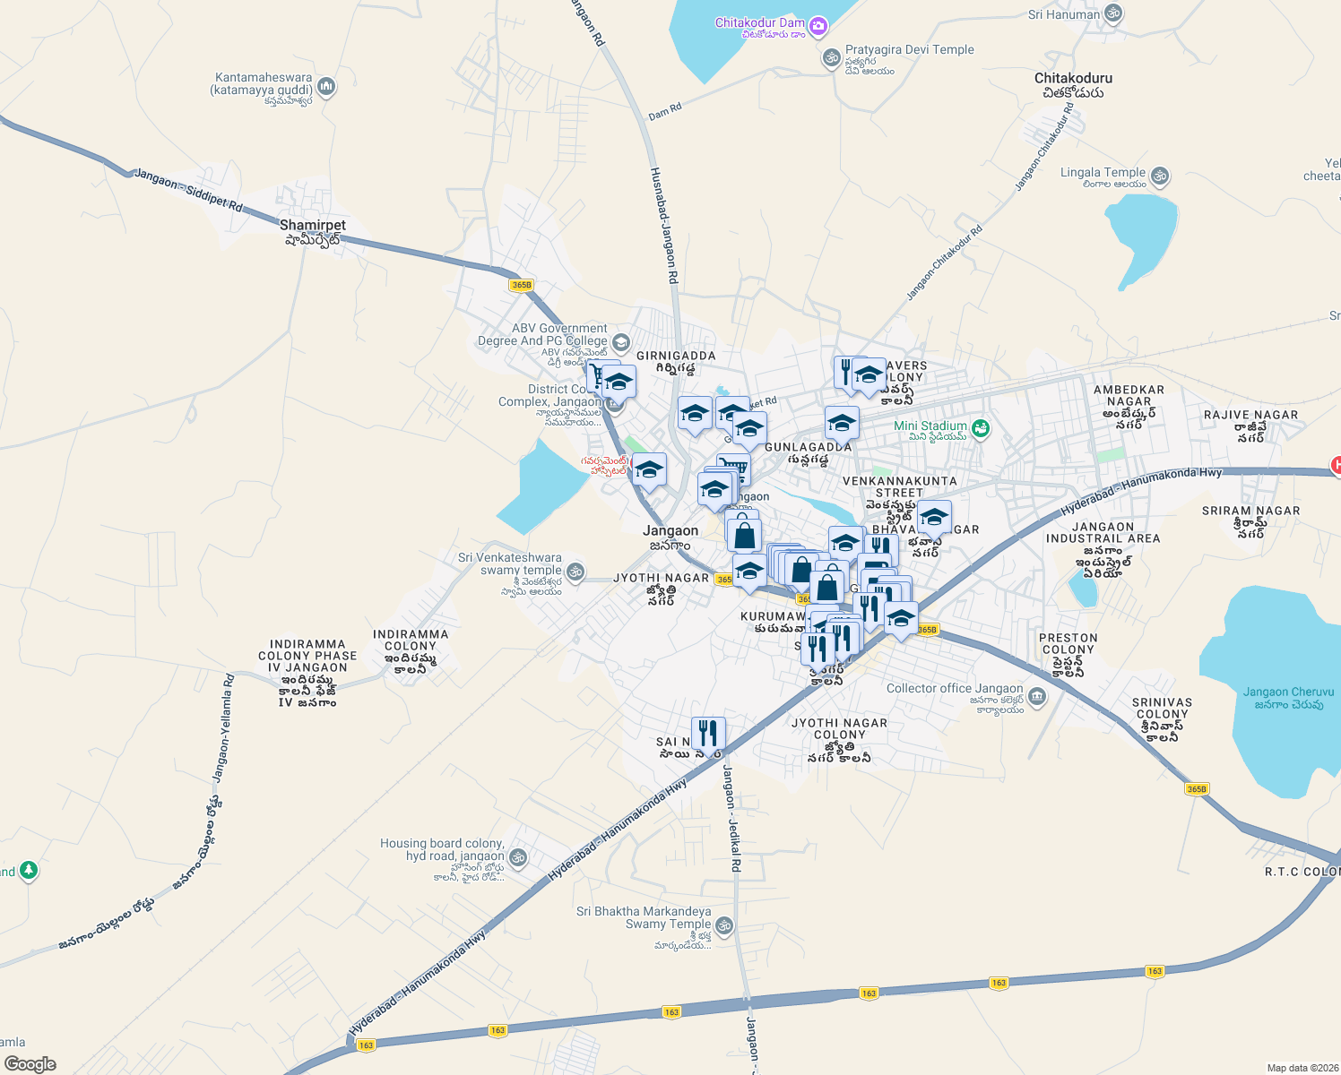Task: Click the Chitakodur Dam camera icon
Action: point(818,26)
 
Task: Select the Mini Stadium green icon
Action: point(981,428)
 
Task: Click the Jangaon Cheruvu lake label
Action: point(1288,698)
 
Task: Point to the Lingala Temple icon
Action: point(1160,175)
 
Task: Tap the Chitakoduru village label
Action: point(1073,85)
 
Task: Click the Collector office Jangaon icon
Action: point(1037,696)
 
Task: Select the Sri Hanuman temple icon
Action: point(1113,13)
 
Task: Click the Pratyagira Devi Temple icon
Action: point(831,58)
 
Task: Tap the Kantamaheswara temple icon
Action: point(326,87)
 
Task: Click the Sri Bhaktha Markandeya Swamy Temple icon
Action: point(724,924)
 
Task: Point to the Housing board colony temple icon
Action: point(517,857)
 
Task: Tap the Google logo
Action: point(30,1064)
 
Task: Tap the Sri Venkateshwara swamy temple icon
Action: point(575,571)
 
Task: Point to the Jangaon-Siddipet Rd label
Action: point(188,190)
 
